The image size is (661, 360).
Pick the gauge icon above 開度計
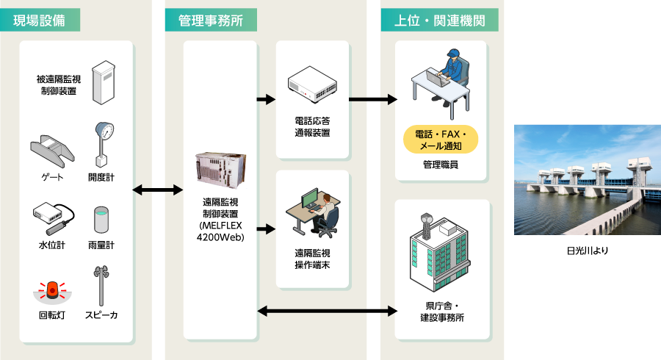[102, 144]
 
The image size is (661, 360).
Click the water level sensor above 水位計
[54, 216]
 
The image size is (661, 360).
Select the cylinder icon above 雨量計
[101, 219]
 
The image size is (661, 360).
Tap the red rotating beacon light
[52, 291]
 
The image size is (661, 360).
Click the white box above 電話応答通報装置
[311, 84]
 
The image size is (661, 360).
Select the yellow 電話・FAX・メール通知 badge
[441, 140]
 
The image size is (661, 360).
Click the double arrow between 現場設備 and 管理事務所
[157, 190]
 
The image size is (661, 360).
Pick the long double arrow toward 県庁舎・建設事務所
[326, 312]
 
